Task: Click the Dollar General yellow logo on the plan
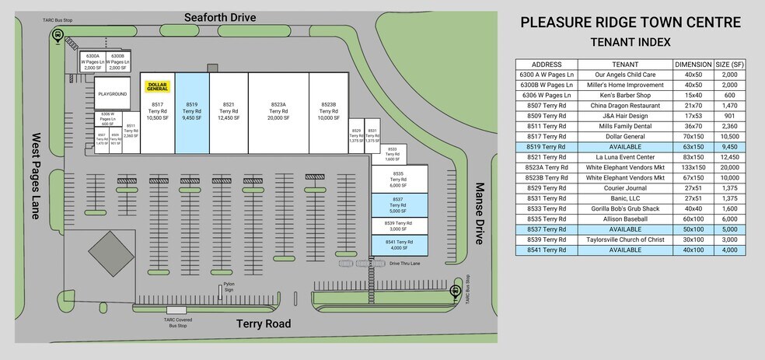tap(157, 88)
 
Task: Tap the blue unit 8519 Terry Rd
tap(193, 112)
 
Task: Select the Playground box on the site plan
tap(112, 93)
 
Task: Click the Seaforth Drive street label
tap(219, 17)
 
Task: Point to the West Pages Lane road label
tap(36, 175)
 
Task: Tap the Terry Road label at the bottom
tap(264, 323)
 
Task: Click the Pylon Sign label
tap(229, 287)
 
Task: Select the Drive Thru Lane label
tap(405, 264)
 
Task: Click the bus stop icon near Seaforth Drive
tap(58, 35)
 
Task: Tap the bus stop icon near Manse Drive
tap(456, 291)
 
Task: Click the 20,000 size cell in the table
tap(729, 167)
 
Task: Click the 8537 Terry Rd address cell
tap(546, 229)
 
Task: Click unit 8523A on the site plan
tap(278, 112)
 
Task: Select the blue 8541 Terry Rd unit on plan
tap(399, 243)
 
